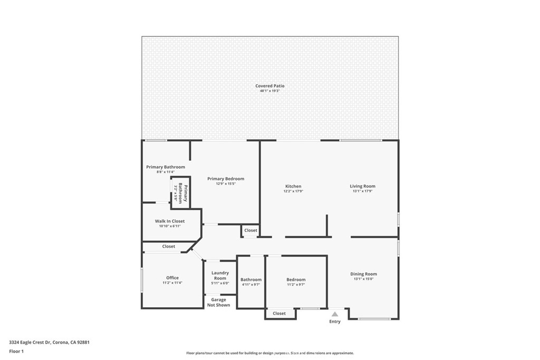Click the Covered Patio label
click(x=269, y=85)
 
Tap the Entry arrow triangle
click(x=334, y=314)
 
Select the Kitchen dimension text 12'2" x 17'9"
click(x=293, y=191)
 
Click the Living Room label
click(x=362, y=186)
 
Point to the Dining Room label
click(x=363, y=274)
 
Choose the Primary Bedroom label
click(x=225, y=179)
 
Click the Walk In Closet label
click(x=170, y=221)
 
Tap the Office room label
click(x=172, y=278)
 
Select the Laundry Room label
click(x=220, y=275)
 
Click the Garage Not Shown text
click(x=218, y=303)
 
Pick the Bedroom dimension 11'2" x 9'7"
click(x=296, y=285)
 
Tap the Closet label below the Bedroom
click(x=279, y=314)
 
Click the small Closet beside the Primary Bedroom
click(x=250, y=230)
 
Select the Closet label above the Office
click(x=168, y=246)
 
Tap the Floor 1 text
click(x=16, y=351)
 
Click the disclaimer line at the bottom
click(x=269, y=353)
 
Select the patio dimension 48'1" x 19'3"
click(x=269, y=91)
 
